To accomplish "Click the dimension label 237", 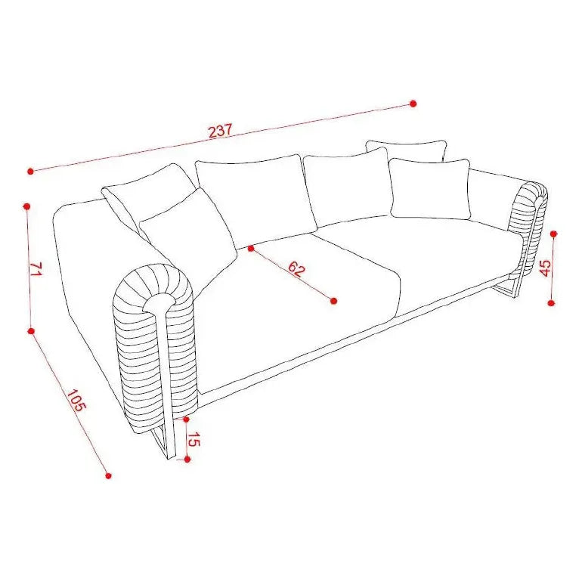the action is pos(221,131).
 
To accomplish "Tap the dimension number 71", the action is pos(36,269).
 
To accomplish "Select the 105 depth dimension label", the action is pos(76,401).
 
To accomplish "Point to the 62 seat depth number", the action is pos(296,268).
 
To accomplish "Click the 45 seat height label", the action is pos(545,268).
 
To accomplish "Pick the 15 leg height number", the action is pos(194,440).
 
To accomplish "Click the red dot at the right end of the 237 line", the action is pos(413,104).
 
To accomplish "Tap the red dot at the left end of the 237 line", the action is pos(31,171).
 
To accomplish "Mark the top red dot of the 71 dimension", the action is pos(26,207).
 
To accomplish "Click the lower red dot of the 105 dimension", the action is pos(108,475).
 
